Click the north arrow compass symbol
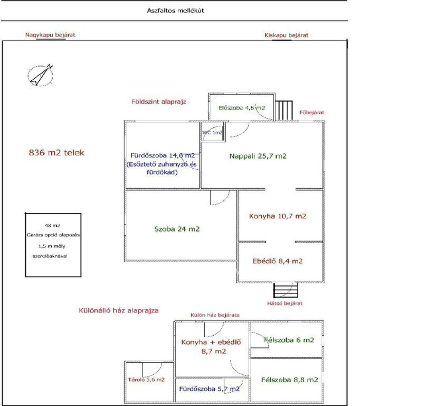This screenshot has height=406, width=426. point(40,75)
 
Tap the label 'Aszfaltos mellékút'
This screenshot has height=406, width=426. point(176,10)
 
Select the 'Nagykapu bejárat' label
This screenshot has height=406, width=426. point(50,35)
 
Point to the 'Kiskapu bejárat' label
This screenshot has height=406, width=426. point(286,35)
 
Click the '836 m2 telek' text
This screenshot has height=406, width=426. point(57,152)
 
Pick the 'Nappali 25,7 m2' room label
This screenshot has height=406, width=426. point(258,156)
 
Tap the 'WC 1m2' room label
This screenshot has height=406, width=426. point(213,132)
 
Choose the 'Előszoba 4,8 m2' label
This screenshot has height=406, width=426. point(242,108)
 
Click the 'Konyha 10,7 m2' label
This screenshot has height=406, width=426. point(277,216)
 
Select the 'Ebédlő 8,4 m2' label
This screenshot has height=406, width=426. point(277,261)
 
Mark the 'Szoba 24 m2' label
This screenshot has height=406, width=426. point(177,229)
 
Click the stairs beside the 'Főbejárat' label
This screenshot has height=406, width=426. point(284,110)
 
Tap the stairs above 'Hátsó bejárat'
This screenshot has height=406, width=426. point(285,290)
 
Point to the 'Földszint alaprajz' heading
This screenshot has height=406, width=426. point(159,102)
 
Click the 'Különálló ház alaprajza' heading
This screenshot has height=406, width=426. point(119,311)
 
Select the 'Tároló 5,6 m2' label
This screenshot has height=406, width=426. point(146,380)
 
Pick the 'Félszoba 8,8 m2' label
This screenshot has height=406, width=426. point(290,380)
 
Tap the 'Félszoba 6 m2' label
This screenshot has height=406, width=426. point(289,340)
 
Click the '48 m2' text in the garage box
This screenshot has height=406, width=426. point(52,225)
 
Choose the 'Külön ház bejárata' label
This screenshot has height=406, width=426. point(215,315)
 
